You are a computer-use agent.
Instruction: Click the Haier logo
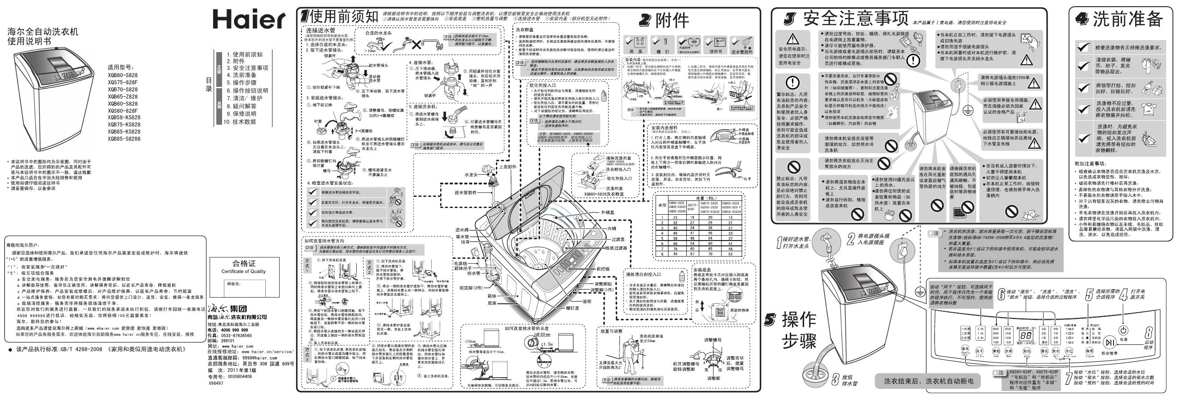coord(249,19)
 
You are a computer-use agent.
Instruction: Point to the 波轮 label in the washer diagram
coord(587,302)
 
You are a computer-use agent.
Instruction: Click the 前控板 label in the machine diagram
coord(603,269)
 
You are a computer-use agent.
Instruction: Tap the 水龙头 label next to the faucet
coord(471,175)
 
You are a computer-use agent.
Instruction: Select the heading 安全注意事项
coord(855,19)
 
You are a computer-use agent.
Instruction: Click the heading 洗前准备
coord(1128,19)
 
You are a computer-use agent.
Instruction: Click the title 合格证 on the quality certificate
coord(243,264)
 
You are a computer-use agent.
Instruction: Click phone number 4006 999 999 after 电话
coord(234,330)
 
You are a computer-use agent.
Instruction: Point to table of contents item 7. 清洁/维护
coord(245,98)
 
